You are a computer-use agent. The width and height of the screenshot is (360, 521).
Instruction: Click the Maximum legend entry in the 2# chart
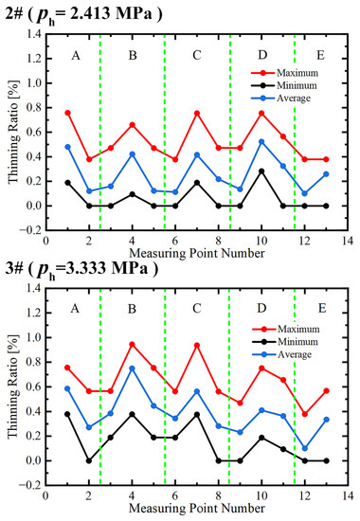[x=284, y=73]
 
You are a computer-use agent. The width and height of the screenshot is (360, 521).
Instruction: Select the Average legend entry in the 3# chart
[x=282, y=354]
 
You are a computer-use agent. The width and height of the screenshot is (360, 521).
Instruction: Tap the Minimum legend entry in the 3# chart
[x=285, y=342]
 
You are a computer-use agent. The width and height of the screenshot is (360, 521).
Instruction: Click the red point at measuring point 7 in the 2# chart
[x=197, y=114]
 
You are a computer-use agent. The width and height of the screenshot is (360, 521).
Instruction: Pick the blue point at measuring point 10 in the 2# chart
[x=261, y=142]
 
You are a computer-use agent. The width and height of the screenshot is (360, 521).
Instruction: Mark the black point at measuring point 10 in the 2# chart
[x=261, y=171]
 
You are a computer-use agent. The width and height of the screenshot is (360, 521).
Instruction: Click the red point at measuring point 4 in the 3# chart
[x=132, y=345]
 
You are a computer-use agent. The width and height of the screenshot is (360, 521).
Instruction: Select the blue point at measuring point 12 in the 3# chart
[x=304, y=448]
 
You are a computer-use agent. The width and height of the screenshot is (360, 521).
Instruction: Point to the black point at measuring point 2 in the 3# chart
[x=89, y=461]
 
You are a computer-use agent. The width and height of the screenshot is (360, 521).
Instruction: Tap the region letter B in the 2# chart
[x=133, y=55]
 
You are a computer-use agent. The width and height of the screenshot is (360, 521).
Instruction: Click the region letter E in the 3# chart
[x=322, y=309]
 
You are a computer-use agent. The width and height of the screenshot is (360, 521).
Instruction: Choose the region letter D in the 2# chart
[x=262, y=55]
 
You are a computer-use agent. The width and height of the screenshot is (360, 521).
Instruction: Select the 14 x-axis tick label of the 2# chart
[x=348, y=241]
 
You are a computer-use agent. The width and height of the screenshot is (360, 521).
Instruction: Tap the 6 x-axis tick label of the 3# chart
[x=175, y=495]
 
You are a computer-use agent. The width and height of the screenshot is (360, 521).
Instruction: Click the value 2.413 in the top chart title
[x=90, y=14]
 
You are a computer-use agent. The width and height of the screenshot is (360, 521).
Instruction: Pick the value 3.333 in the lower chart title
[x=87, y=268]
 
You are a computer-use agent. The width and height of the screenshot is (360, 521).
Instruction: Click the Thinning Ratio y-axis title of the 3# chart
[x=12, y=386]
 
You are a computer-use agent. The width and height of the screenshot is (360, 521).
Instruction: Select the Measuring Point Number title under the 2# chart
[x=197, y=253]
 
